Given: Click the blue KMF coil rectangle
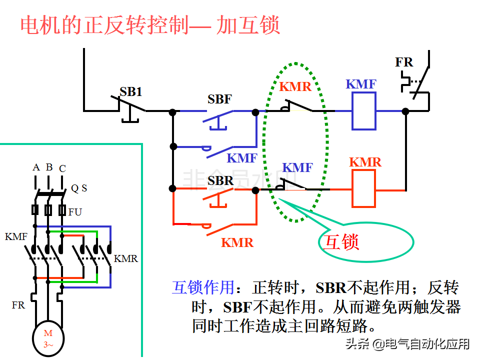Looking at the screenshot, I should (364, 111).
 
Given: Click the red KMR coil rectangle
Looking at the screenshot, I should (364, 188).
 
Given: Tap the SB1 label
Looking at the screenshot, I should (130, 91).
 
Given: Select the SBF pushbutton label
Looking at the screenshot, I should (220, 99).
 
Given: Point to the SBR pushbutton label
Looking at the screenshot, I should (220, 180).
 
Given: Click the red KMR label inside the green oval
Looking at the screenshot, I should (295, 86).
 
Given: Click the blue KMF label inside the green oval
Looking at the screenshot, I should (297, 167).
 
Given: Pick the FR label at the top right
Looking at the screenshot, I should (404, 62).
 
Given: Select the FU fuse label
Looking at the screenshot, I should (75, 212).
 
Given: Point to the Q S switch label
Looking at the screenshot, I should (79, 188).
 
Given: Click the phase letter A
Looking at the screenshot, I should (36, 167).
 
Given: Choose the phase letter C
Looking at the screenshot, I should (62, 168).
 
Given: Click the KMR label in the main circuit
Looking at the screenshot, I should (125, 259).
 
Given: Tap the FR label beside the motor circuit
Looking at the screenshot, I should (18, 304).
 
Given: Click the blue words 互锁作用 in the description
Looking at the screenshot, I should (203, 287).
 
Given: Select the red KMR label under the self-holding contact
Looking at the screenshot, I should (237, 242).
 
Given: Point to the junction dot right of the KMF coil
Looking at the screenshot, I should (405, 111).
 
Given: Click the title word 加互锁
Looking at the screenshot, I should (248, 26).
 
